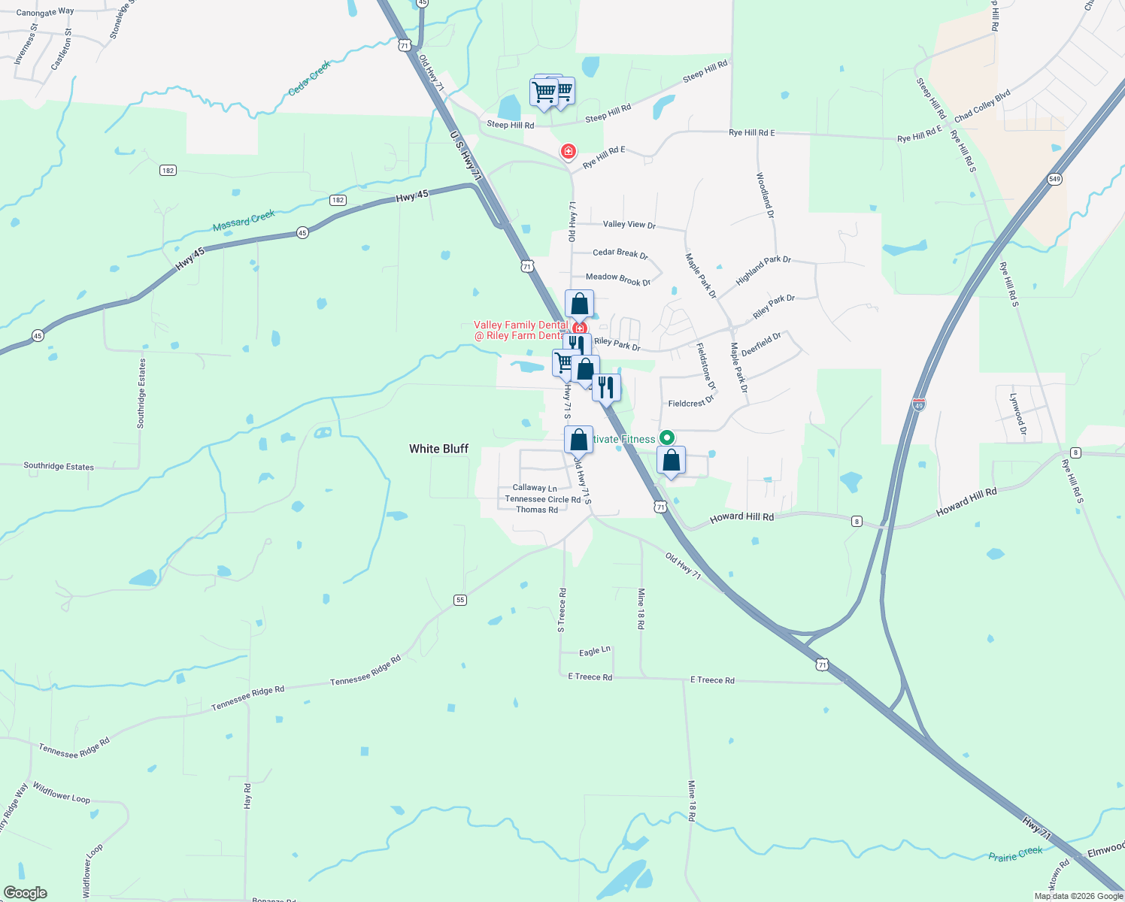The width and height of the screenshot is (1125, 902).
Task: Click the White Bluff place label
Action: pyautogui.click(x=438, y=449)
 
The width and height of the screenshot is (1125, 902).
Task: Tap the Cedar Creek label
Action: pyautogui.click(x=309, y=78)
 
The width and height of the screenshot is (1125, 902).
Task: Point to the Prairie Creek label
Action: pyautogui.click(x=1015, y=855)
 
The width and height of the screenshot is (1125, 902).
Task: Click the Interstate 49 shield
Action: pyautogui.click(x=918, y=404)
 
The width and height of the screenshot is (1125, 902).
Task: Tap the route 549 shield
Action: pyautogui.click(x=1054, y=179)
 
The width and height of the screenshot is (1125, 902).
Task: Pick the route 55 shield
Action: pyautogui.click(x=460, y=600)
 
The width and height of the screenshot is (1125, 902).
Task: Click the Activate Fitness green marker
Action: pyautogui.click(x=666, y=437)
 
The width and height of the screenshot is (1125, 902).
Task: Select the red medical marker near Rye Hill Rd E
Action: pyautogui.click(x=569, y=152)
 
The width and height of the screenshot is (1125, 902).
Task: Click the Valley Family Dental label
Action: pyautogui.click(x=520, y=325)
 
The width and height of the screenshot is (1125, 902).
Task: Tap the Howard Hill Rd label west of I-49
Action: pyautogui.click(x=741, y=517)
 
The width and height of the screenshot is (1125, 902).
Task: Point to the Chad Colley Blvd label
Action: pyautogui.click(x=982, y=107)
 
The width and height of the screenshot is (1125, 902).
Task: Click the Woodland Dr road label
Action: pyautogui.click(x=766, y=195)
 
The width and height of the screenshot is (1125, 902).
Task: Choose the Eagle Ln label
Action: pyautogui.click(x=595, y=651)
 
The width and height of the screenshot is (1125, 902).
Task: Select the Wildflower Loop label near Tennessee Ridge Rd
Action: pyautogui.click(x=62, y=792)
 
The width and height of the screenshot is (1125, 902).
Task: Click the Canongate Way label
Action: pyautogui.click(x=45, y=12)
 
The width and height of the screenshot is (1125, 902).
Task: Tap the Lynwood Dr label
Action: pyautogui.click(x=1017, y=414)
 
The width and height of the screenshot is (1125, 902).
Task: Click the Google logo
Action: pyautogui.click(x=26, y=893)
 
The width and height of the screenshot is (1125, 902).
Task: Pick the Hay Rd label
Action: pyautogui.click(x=247, y=795)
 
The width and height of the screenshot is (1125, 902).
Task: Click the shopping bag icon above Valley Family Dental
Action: pyautogui.click(x=579, y=304)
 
